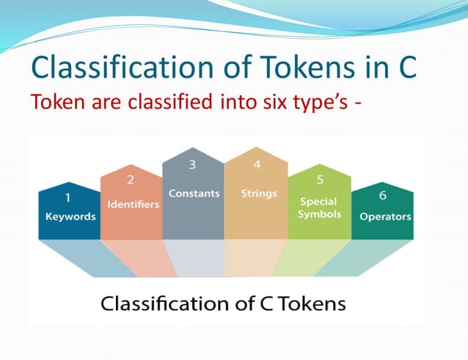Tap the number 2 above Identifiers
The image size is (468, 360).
(x=130, y=179)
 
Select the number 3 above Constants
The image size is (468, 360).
(x=192, y=165)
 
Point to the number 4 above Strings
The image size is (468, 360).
(x=257, y=164)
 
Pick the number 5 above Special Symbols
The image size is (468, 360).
(x=320, y=179)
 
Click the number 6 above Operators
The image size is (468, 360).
(x=383, y=196)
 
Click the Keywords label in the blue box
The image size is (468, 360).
(x=70, y=217)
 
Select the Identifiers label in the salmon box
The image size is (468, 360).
(x=133, y=204)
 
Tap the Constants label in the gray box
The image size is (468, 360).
(x=194, y=194)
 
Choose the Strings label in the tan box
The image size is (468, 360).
(x=258, y=194)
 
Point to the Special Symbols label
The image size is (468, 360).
(x=319, y=207)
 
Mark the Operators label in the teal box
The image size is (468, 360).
(x=385, y=217)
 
